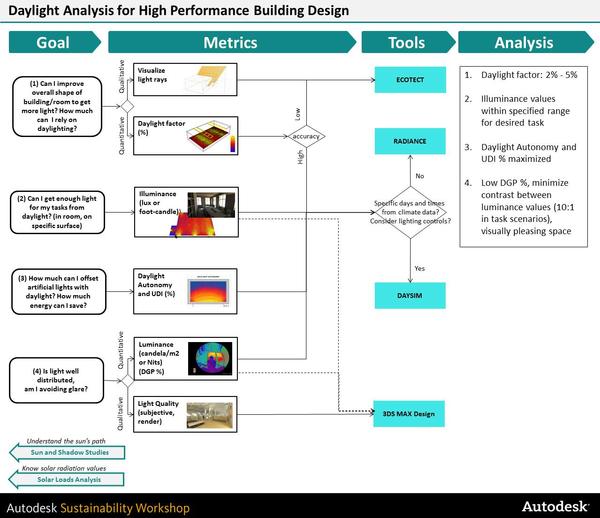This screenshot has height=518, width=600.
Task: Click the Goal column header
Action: tap(53, 43)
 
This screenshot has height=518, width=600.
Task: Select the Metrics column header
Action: tap(230, 43)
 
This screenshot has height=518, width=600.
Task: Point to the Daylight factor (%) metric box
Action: tap(189, 133)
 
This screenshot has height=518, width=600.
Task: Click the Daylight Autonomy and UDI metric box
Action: tap(189, 285)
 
